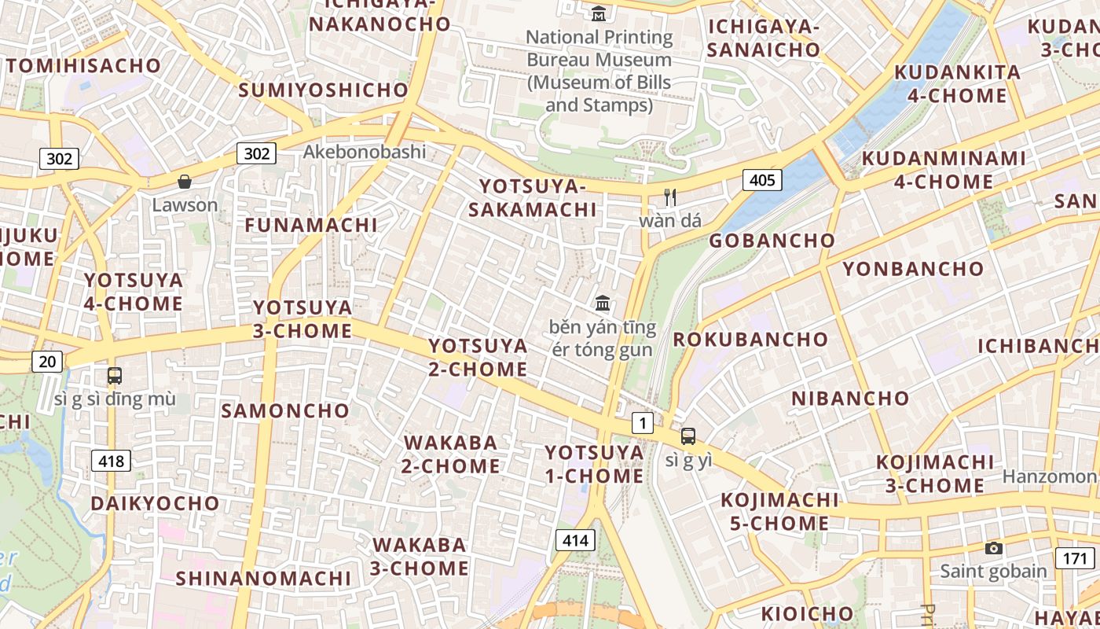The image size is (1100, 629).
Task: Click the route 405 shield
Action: pos(761,180)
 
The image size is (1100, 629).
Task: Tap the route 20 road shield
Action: pos(47,361)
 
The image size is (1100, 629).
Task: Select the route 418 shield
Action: pos(111,461)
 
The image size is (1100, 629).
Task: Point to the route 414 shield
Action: pos(575,540)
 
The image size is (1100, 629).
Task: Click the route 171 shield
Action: pos(1074,558)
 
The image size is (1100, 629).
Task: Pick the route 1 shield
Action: pos(643,424)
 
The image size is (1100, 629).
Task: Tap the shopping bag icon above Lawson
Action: pos(185,182)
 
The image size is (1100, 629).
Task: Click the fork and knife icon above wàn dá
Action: pos(670,197)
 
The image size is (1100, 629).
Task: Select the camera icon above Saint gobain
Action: pos(994,548)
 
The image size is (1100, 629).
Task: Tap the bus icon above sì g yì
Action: pos(688,436)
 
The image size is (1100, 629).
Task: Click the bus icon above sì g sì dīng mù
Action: pos(115,376)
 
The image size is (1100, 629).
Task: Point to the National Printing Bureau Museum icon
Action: pos(599,13)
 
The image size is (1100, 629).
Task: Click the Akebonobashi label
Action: pos(365,152)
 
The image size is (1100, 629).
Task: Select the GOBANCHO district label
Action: pos(772,241)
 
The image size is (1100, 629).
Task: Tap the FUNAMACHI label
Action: pos(311,225)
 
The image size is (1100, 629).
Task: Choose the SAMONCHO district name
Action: pos(285,410)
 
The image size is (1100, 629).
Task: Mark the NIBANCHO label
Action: pos(850,398)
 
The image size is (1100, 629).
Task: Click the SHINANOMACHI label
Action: pos(263,579)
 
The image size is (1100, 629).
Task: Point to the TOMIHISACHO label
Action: pos(83,65)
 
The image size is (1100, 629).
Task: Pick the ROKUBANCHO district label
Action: pos(750,340)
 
